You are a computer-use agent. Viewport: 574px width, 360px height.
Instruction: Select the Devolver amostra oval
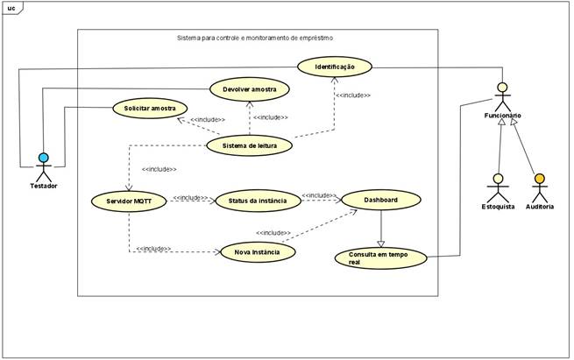pyautogui.click(x=249, y=88)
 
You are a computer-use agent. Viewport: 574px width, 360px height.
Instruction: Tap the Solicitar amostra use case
pyautogui.click(x=150, y=108)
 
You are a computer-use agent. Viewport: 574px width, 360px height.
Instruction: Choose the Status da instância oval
pyautogui.click(x=258, y=201)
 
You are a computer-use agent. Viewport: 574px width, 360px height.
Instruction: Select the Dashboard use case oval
pyautogui.click(x=380, y=201)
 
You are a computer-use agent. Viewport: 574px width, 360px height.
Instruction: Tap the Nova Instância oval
pyautogui.click(x=257, y=252)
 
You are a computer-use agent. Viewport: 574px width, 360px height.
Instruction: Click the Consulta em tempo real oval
pyautogui.click(x=380, y=258)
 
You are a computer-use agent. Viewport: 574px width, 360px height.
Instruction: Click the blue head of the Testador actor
pyautogui.click(x=43, y=158)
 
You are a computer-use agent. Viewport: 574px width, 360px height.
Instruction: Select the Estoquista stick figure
pyautogui.click(x=498, y=188)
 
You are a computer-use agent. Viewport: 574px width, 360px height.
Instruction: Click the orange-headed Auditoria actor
pyautogui.click(x=539, y=188)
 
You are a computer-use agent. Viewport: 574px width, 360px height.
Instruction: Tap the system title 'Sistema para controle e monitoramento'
pyautogui.click(x=254, y=38)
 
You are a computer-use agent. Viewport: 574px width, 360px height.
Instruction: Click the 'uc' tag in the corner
pyautogui.click(x=11, y=8)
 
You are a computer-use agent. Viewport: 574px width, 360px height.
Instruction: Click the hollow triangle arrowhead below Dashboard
pyautogui.click(x=380, y=243)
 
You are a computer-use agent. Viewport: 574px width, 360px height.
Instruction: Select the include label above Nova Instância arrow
pyautogui.click(x=273, y=233)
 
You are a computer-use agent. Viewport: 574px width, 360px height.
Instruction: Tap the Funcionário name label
pyautogui.click(x=502, y=116)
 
